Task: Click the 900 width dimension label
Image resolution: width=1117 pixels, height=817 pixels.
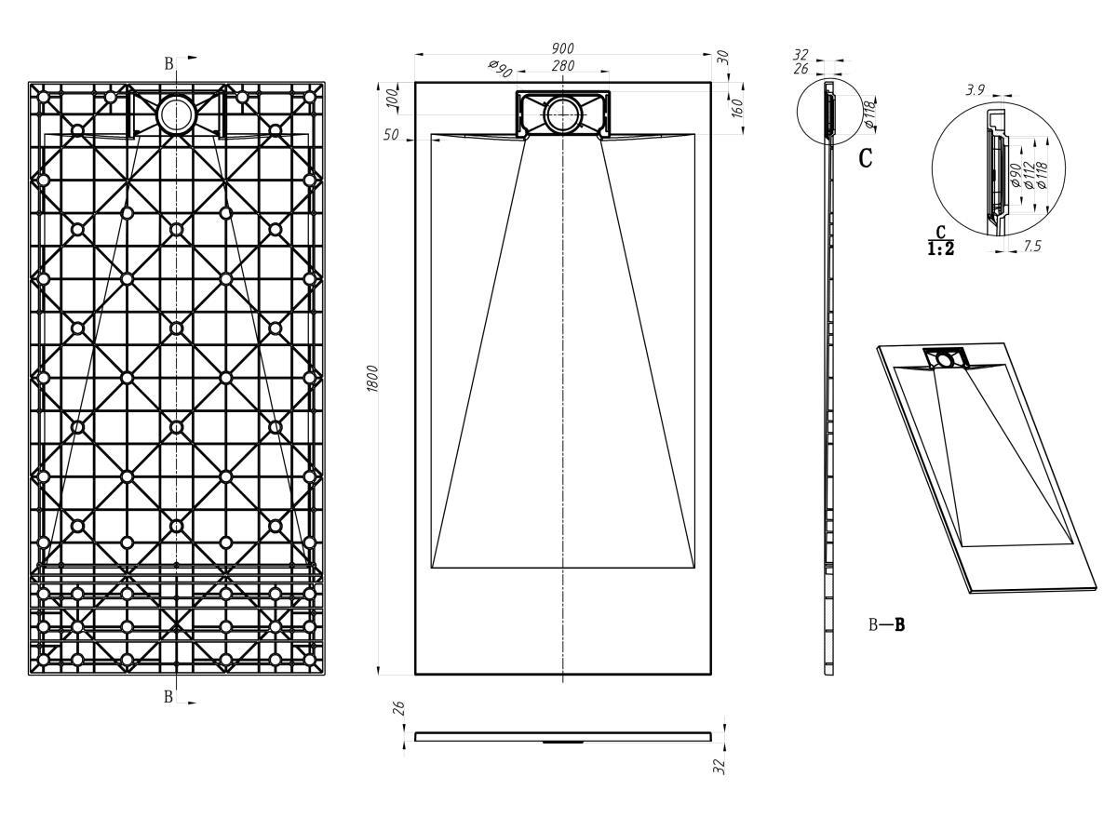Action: click(x=562, y=47)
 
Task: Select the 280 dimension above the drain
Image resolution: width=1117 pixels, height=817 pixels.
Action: click(x=562, y=65)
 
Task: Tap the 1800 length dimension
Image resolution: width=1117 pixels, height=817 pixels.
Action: click(x=373, y=379)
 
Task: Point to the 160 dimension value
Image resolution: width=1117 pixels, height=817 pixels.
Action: click(x=737, y=108)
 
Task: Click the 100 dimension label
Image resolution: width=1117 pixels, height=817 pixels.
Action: click(x=394, y=100)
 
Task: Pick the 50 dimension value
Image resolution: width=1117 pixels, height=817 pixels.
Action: click(x=392, y=135)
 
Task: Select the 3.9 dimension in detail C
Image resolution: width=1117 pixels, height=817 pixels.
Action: click(x=976, y=90)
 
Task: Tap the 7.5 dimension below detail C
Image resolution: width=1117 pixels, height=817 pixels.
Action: click(x=1032, y=246)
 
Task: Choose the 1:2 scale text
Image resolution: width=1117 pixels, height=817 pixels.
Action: click(x=940, y=248)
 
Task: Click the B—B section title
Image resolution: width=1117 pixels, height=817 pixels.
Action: click(x=886, y=624)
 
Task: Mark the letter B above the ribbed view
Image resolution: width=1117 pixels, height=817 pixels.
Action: click(x=169, y=63)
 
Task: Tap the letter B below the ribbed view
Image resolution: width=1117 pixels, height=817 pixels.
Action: click(x=168, y=696)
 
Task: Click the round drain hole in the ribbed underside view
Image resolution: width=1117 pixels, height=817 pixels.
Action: click(x=176, y=114)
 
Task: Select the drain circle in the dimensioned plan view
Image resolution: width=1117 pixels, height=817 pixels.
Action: click(x=563, y=115)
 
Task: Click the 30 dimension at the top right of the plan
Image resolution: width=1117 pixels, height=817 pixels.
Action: click(x=722, y=58)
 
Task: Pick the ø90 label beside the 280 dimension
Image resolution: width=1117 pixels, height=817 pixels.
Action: click(x=500, y=69)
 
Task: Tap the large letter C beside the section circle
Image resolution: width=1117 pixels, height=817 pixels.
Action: click(x=865, y=158)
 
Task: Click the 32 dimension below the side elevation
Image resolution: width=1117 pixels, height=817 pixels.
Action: click(x=719, y=766)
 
